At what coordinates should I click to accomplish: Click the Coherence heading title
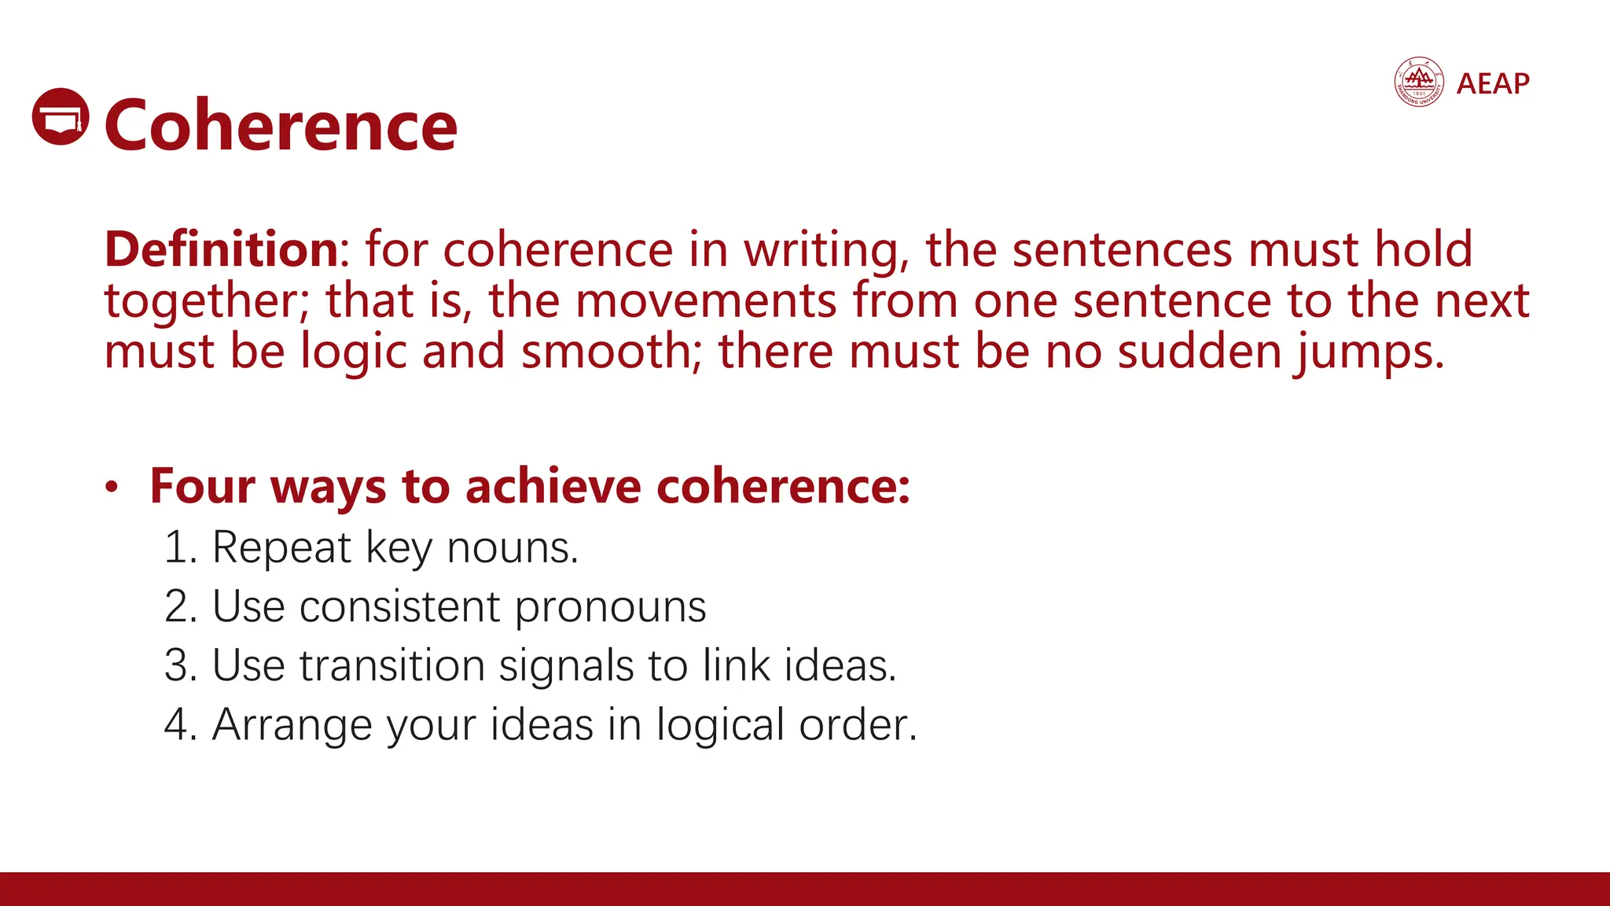pyautogui.click(x=281, y=126)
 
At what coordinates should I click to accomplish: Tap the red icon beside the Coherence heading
pyautogui.click(x=61, y=116)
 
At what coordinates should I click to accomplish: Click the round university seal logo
pyautogui.click(x=1418, y=82)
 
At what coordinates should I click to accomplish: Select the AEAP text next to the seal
pyautogui.click(x=1493, y=83)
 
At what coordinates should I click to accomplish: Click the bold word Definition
pyautogui.click(x=222, y=249)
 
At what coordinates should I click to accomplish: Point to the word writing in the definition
pyautogui.click(x=822, y=251)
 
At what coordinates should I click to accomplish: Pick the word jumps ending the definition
pyautogui.click(x=1369, y=352)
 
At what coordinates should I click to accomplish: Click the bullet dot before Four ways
pyautogui.click(x=112, y=488)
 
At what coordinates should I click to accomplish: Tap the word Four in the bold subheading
pyautogui.click(x=202, y=486)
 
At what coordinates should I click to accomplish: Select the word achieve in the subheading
pyautogui.click(x=553, y=486)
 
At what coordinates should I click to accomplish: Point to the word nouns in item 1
pyautogui.click(x=512, y=548)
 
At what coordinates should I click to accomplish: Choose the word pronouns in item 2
pyautogui.click(x=611, y=608)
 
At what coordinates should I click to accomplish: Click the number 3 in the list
pyautogui.click(x=179, y=666)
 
